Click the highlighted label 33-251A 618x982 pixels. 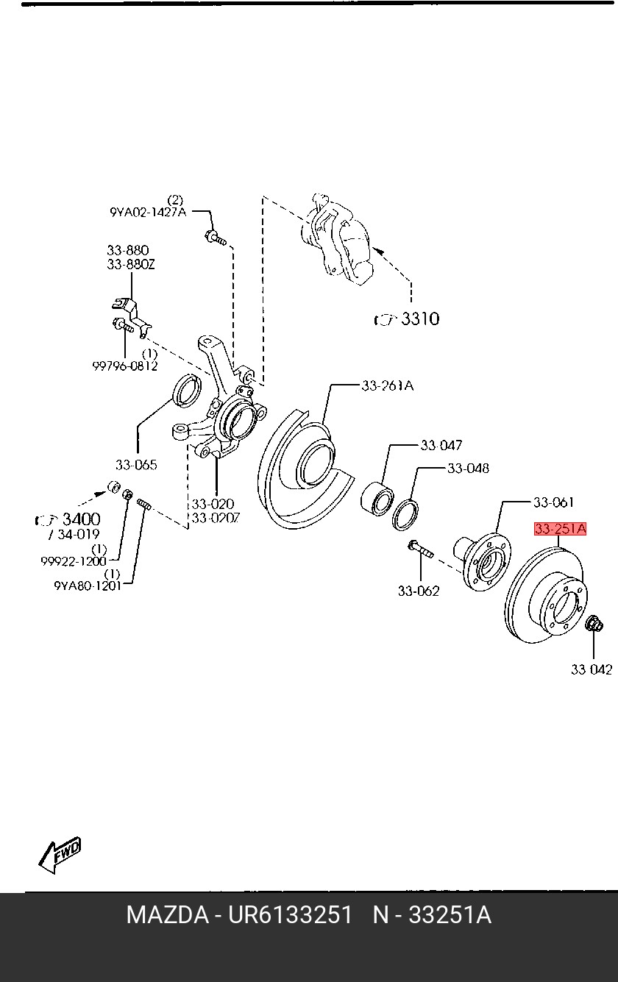(560, 529)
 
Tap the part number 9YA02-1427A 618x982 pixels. (148, 213)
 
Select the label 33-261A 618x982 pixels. (387, 385)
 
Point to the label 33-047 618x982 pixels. (441, 446)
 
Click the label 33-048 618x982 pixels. (468, 469)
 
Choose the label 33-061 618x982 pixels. (553, 502)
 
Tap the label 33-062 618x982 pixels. (419, 591)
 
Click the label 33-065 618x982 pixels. (136, 465)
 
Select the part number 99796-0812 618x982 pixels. (125, 366)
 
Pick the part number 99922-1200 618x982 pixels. (74, 561)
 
